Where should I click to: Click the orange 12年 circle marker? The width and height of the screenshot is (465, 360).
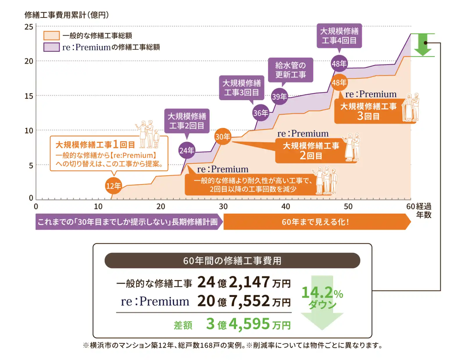(113, 186)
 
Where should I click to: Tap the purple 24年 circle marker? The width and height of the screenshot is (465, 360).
(187, 150)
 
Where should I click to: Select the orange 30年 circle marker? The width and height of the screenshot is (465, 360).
(223, 136)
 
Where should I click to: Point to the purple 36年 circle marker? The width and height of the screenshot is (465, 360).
(261, 113)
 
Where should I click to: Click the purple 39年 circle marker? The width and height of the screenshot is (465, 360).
(279, 96)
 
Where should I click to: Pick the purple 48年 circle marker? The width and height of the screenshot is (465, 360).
(339, 64)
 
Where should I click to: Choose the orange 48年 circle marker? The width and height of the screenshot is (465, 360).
(339, 83)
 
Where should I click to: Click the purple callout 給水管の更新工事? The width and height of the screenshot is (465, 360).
(290, 70)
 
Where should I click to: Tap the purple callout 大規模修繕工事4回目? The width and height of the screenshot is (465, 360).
(339, 35)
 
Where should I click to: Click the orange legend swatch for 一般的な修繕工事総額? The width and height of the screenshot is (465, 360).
(51, 35)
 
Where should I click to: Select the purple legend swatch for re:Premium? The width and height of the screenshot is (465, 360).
(51, 47)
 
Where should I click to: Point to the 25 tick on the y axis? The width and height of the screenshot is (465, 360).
(29, 27)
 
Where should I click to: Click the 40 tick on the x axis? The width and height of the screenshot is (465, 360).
(286, 206)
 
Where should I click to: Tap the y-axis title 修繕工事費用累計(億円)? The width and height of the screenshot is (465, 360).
(67, 15)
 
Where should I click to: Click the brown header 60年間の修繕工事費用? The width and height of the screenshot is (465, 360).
(232, 260)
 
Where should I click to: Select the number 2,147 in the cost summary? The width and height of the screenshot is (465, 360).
(249, 282)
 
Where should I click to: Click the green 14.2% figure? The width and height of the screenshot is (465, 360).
(322, 293)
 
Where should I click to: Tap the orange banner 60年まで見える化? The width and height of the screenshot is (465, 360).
(315, 222)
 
